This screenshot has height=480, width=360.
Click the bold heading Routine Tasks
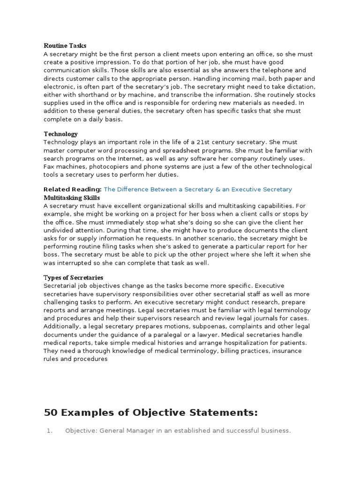[x=65, y=46]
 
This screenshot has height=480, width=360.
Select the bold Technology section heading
[x=60, y=134]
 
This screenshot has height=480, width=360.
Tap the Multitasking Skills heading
[x=72, y=198]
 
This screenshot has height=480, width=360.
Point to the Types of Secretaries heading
[x=73, y=277]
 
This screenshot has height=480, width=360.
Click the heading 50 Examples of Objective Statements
[x=150, y=412]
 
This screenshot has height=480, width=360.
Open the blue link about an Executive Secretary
[x=198, y=189]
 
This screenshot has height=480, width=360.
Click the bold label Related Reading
[x=72, y=189]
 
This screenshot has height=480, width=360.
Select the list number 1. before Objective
[x=50, y=431]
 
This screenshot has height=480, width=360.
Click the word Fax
[x=50, y=167]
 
